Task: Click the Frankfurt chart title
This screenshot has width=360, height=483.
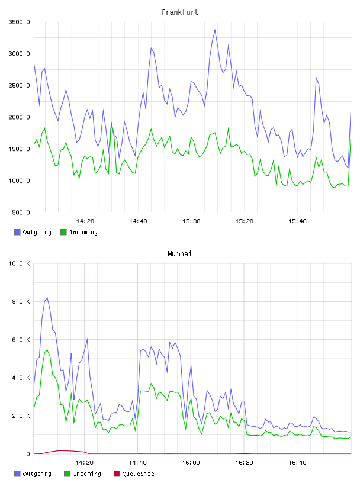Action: tap(180, 12)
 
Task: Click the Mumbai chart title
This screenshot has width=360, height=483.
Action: tap(179, 254)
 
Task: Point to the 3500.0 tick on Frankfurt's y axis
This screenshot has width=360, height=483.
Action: tap(19, 22)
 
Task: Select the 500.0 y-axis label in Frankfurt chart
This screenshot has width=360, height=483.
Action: tap(21, 212)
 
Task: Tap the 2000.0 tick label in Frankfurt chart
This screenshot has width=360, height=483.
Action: tap(19, 117)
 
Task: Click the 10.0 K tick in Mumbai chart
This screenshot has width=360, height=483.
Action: tap(19, 263)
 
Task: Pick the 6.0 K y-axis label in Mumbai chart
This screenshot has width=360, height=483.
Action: tap(21, 340)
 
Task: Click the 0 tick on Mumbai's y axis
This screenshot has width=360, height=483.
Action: tap(28, 454)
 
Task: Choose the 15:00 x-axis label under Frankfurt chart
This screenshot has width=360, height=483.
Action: tap(191, 221)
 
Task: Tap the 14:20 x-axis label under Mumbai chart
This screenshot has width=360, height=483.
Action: tap(85, 463)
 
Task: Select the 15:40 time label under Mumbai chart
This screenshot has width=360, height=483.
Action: tap(297, 463)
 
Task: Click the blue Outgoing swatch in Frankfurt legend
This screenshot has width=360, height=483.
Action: tap(17, 232)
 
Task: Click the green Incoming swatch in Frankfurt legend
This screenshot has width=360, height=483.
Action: tap(63, 232)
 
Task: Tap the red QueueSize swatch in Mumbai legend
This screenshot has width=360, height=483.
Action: tap(117, 474)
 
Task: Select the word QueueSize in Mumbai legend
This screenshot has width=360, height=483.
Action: tap(139, 474)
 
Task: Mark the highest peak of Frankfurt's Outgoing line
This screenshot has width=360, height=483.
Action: tap(215, 30)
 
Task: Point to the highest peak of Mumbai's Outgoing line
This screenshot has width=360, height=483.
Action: tap(47, 298)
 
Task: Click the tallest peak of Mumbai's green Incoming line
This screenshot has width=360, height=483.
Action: tap(47, 350)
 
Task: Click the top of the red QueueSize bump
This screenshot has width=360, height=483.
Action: tap(62, 450)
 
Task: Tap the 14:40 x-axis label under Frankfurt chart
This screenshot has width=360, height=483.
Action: tap(138, 221)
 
